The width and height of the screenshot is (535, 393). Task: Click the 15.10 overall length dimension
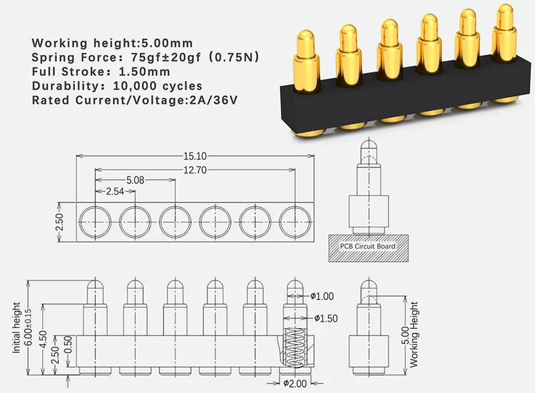[195, 156]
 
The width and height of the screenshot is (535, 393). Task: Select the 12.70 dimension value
[195, 169]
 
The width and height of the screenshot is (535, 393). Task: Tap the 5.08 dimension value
[135, 180]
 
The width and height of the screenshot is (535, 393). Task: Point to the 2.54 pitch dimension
[115, 191]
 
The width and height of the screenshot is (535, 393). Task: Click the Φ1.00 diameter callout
[322, 296]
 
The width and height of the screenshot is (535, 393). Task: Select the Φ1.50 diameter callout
[326, 318]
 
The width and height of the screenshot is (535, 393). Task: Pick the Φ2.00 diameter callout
[295, 384]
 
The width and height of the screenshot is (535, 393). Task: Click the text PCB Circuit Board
[368, 246]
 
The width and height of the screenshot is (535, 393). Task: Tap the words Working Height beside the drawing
[413, 335]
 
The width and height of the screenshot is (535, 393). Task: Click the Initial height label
[16, 327]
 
